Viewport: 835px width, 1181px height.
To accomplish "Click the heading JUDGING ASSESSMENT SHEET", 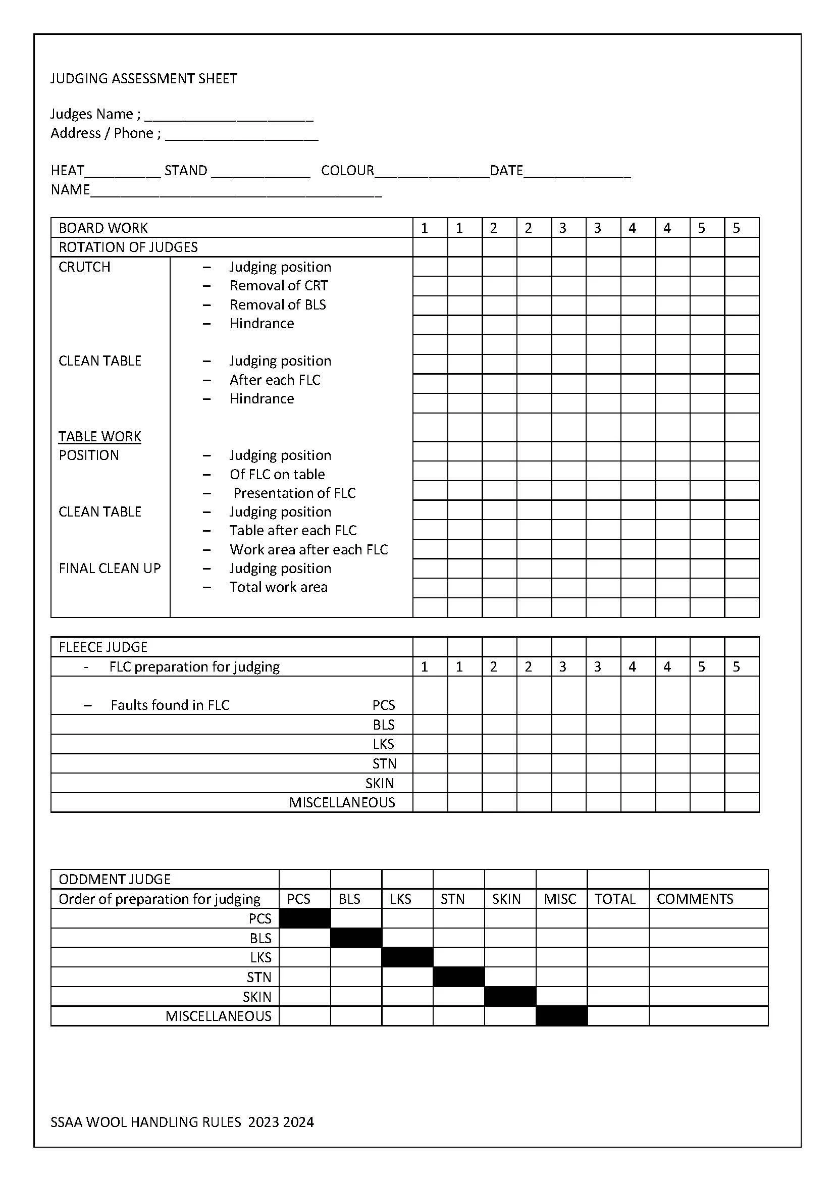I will click(143, 79).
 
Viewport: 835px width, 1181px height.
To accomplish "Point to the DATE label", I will click(506, 171).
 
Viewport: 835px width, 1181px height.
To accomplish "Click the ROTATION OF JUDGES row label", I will click(128, 247).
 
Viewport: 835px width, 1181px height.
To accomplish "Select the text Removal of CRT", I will click(279, 285).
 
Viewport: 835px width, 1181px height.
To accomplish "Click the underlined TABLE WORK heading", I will click(100, 437).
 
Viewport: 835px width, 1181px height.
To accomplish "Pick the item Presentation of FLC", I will click(294, 493).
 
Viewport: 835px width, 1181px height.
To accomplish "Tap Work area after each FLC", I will click(308, 550).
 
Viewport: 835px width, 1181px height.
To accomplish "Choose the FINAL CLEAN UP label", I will click(110, 569).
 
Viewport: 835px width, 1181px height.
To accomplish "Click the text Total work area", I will click(278, 587).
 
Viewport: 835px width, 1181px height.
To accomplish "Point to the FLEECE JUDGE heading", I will click(103, 647).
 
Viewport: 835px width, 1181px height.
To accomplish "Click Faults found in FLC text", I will click(170, 705).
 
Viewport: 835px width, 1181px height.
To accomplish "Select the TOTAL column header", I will click(615, 899).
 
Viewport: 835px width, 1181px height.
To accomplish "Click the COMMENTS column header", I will click(695, 899).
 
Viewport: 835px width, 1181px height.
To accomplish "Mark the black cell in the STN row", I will click(458, 978).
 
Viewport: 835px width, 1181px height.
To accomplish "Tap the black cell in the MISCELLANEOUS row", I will click(561, 1016).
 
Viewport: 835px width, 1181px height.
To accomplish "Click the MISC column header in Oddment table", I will click(560, 899).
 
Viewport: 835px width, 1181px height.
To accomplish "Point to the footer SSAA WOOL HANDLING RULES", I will click(182, 1122).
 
